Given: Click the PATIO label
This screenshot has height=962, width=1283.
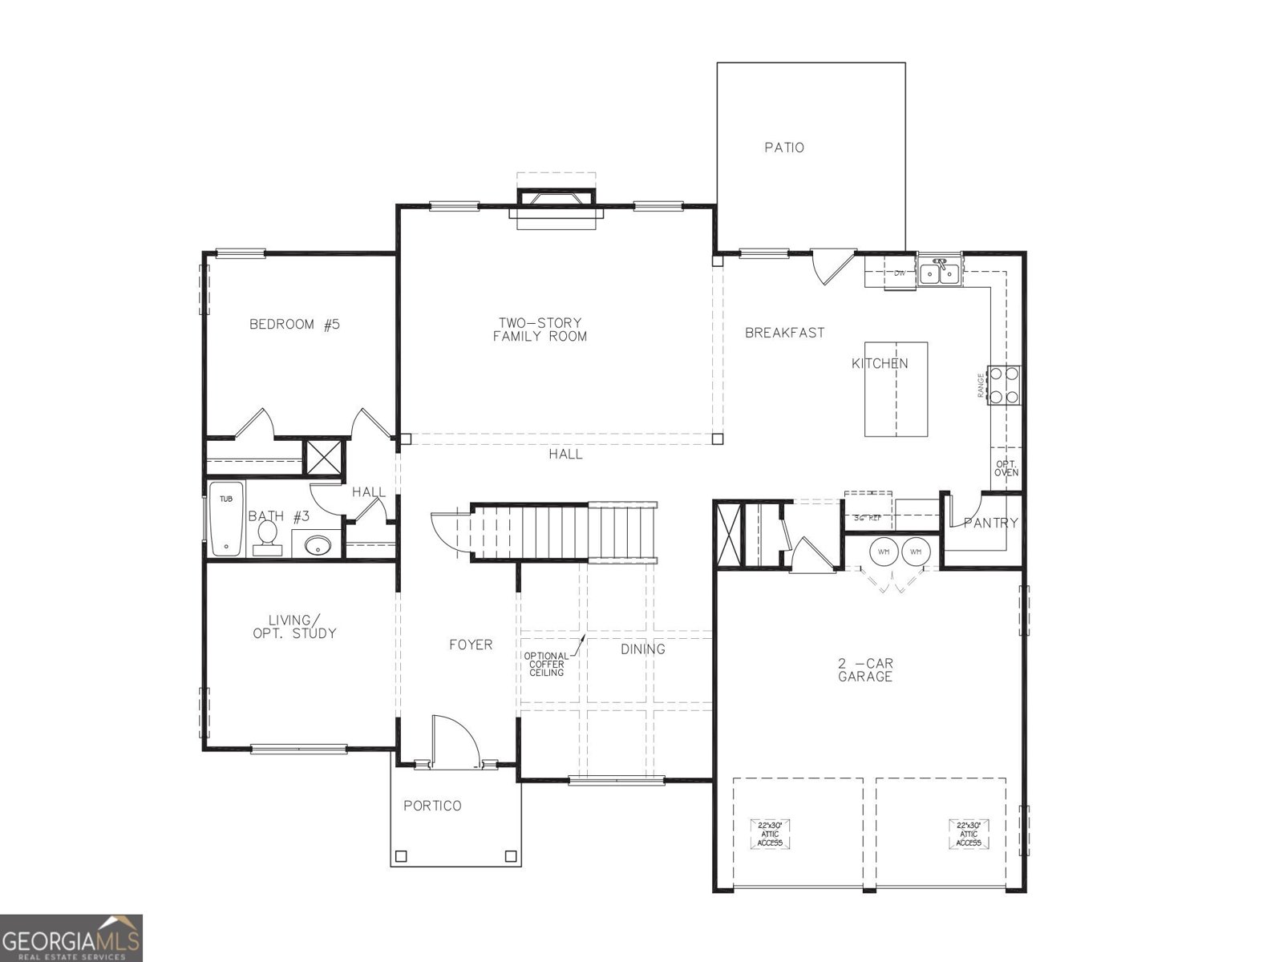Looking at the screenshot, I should [x=783, y=148].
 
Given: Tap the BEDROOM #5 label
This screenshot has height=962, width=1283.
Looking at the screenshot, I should [x=294, y=325].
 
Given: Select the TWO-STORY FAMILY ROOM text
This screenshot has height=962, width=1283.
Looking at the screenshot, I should [x=540, y=330].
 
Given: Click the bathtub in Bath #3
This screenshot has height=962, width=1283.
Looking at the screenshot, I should [x=226, y=519].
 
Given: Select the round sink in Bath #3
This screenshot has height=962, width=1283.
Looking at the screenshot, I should [x=318, y=547].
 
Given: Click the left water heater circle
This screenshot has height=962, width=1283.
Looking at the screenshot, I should [x=884, y=552].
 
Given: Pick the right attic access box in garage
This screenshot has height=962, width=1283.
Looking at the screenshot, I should [x=969, y=834].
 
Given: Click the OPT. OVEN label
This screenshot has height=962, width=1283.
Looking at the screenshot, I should [x=1006, y=468].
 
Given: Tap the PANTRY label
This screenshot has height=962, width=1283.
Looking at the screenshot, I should [x=991, y=523].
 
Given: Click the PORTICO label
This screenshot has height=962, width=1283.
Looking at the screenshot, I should [x=432, y=806].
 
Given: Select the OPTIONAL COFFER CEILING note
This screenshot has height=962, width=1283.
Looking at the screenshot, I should [x=546, y=664].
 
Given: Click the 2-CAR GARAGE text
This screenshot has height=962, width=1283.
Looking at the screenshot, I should [x=865, y=670].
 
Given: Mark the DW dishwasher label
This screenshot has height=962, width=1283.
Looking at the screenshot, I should [x=900, y=273].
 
